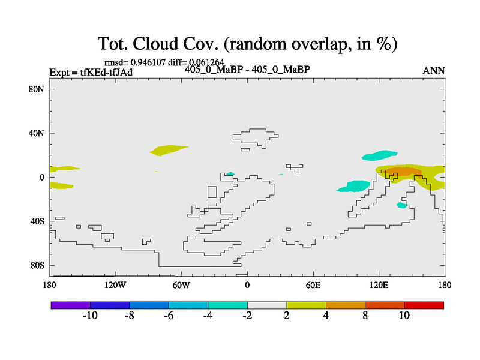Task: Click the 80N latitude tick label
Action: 37,89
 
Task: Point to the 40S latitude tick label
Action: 37,221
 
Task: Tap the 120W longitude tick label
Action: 115,286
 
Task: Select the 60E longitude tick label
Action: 313,286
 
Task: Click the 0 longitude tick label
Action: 247,286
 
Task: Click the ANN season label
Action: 434,71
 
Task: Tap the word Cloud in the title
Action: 155,43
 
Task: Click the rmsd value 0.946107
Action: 148,62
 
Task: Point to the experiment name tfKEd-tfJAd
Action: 106,73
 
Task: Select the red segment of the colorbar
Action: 424,305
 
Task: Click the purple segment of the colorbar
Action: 71,305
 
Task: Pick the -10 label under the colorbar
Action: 90,316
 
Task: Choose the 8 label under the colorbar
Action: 365,316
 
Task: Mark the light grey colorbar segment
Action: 267,305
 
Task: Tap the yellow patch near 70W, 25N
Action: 168,150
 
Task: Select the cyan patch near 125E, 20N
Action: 380,155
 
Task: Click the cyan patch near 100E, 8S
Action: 355,186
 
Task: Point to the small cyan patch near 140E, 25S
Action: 402,205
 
